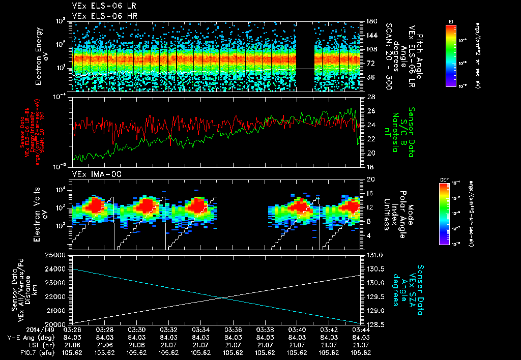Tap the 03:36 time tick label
pos(233,329)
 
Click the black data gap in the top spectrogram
pos(304,56)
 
